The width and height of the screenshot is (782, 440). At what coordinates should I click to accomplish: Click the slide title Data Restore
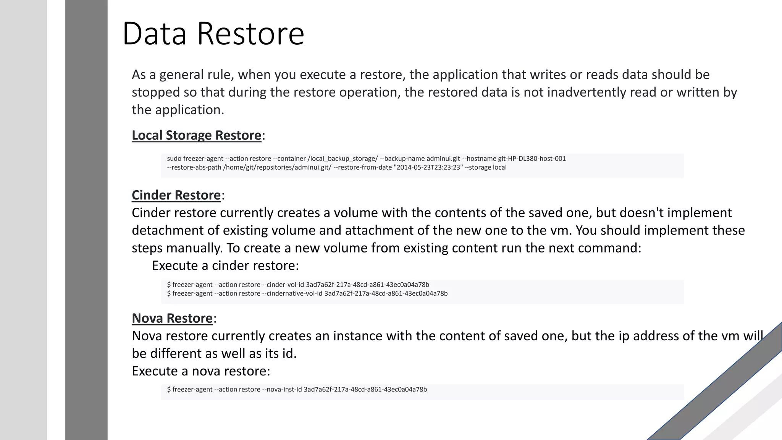click(x=213, y=34)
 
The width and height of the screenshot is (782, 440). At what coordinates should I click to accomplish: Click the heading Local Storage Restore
click(x=196, y=135)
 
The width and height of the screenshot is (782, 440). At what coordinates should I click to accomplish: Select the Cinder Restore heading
click(x=176, y=195)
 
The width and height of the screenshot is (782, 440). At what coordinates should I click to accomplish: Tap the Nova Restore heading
click(x=172, y=318)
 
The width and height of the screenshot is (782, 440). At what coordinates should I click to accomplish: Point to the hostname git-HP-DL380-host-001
click(x=532, y=159)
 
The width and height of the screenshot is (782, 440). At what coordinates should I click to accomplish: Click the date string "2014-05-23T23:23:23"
click(x=428, y=167)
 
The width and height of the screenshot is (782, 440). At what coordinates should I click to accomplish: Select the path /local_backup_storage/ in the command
click(x=343, y=159)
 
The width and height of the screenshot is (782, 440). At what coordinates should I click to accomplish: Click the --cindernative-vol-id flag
click(x=292, y=293)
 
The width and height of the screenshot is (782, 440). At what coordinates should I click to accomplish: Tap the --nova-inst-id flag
click(x=282, y=389)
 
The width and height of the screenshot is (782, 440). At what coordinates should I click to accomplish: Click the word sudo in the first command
click(x=174, y=159)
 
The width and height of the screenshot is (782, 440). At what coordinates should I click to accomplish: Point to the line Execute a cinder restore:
click(x=225, y=265)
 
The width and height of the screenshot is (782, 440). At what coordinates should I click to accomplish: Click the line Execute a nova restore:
click(x=201, y=371)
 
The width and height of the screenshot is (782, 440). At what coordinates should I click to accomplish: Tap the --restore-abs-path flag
click(x=194, y=167)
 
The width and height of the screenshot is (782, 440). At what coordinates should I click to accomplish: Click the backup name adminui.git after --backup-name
click(x=443, y=159)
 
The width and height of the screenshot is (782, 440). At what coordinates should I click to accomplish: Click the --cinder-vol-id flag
click(x=283, y=285)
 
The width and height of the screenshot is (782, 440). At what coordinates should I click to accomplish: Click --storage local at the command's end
click(x=485, y=167)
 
